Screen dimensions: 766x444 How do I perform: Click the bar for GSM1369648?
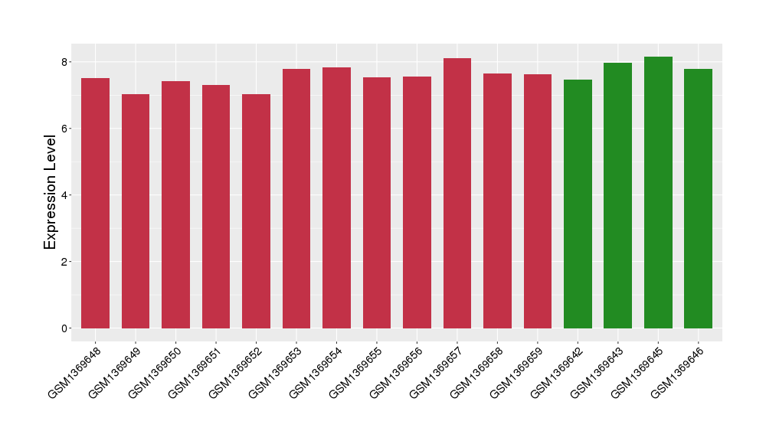pyautogui.click(x=95, y=203)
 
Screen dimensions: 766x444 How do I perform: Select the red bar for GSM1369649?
pyautogui.click(x=136, y=211)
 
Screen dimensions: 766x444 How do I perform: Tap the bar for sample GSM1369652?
pyautogui.click(x=256, y=211)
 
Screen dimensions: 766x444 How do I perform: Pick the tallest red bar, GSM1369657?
pyautogui.click(x=457, y=194)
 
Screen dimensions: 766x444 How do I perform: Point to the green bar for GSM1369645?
pyautogui.click(x=658, y=192)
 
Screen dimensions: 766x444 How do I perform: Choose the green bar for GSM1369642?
pyautogui.click(x=578, y=204)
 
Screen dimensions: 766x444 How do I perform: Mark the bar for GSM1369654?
pyautogui.click(x=336, y=198)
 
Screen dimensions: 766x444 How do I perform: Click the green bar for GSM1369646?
pyautogui.click(x=698, y=199)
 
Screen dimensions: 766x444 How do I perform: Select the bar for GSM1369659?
pyautogui.click(x=538, y=201)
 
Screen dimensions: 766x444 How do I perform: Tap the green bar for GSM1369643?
pyautogui.click(x=618, y=195)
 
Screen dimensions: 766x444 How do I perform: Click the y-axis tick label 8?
pyautogui.click(x=64, y=62)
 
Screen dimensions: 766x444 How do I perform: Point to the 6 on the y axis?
pyautogui.click(x=64, y=129)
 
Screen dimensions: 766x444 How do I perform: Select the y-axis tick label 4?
pyautogui.click(x=64, y=195)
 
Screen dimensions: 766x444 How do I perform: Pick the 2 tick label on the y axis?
pyautogui.click(x=64, y=262)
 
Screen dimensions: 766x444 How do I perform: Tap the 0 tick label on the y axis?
pyautogui.click(x=64, y=328)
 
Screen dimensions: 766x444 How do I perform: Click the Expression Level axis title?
pyautogui.click(x=50, y=192)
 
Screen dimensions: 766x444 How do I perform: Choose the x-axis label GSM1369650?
pyautogui.click(x=155, y=373)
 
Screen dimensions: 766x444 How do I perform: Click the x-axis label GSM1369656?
pyautogui.click(x=396, y=373)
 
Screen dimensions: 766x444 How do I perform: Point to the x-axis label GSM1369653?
pyautogui.click(x=275, y=373)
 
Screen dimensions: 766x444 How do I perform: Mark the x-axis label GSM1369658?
pyautogui.click(x=476, y=373)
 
